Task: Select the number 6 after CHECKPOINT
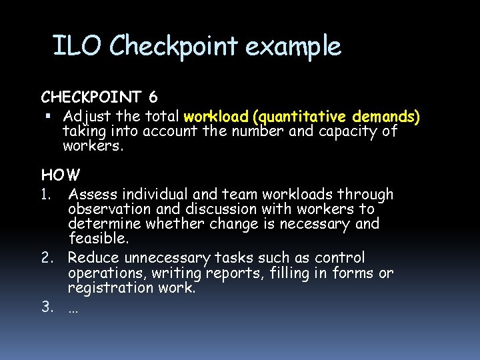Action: coord(153,98)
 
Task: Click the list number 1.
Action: coord(45,195)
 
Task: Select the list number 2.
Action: coord(47,258)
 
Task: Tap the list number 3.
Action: coord(47,307)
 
